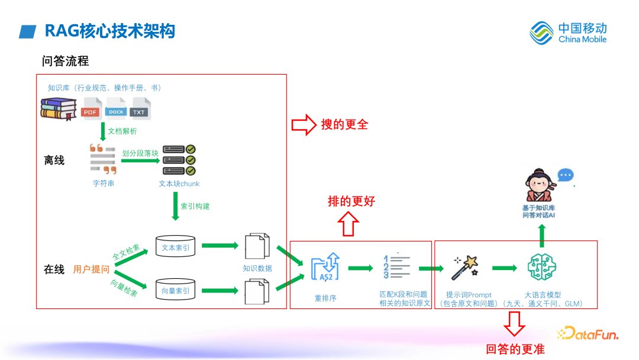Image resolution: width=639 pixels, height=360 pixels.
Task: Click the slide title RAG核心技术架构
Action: click(x=109, y=31)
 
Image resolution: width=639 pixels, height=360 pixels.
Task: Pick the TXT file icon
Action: click(x=140, y=108)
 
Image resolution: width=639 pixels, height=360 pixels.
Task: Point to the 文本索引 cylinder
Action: click(x=176, y=247)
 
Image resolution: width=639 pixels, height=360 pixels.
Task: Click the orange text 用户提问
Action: click(x=91, y=269)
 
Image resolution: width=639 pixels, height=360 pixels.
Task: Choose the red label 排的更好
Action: click(x=351, y=201)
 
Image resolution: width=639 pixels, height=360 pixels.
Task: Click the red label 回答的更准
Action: click(x=515, y=349)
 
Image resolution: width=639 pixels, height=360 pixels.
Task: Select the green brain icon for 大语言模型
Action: click(x=543, y=268)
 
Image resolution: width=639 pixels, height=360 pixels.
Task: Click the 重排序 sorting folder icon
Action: click(x=325, y=268)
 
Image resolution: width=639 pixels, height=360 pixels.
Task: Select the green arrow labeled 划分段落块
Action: click(x=140, y=160)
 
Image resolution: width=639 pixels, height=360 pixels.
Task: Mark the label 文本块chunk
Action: click(x=179, y=184)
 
